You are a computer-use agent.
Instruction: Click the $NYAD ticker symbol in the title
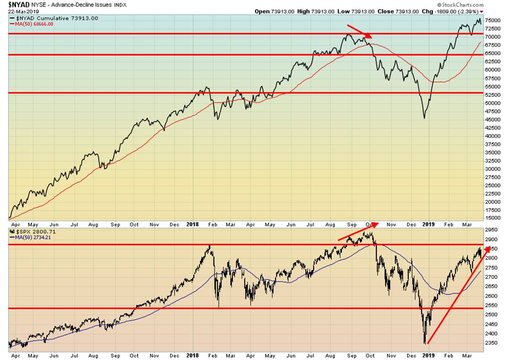click(18, 4)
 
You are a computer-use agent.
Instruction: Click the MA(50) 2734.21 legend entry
click(32, 238)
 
